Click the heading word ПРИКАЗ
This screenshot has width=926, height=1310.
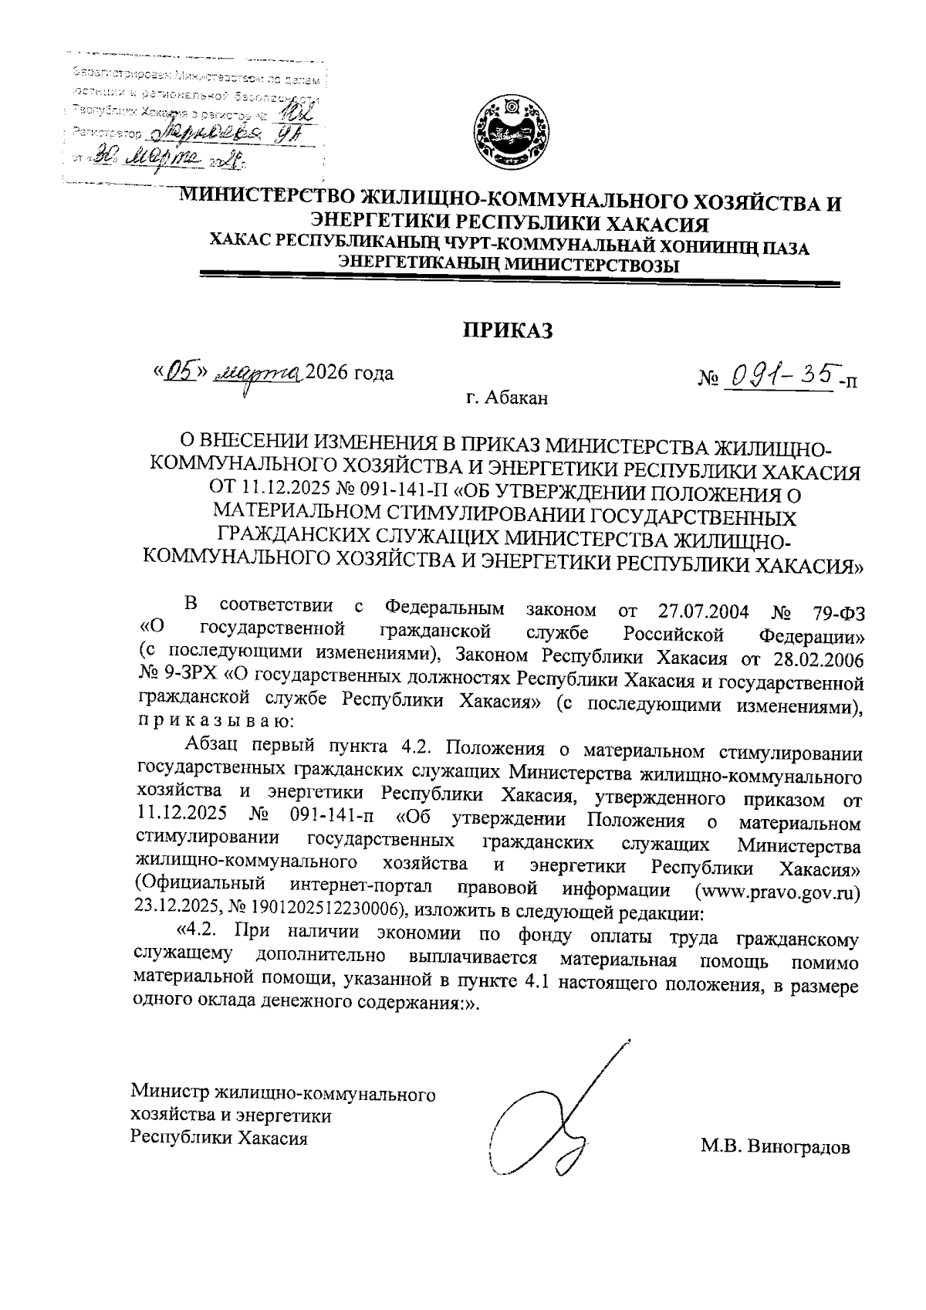[509, 330]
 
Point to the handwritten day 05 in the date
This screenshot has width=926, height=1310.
[180, 373]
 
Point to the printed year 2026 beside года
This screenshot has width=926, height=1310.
[326, 374]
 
